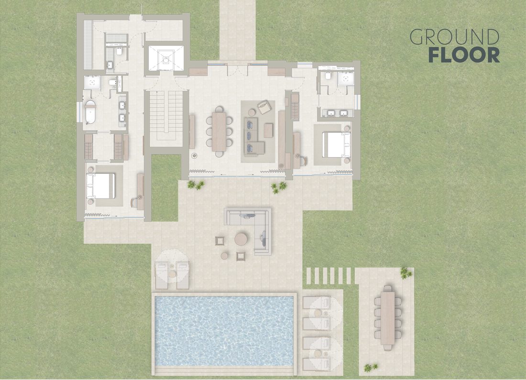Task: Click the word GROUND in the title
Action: tap(455, 37)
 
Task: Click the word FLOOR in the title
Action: tap(464, 55)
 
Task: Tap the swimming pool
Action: tap(224, 331)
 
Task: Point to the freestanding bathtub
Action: tap(90, 111)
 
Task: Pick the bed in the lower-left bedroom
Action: tap(100, 186)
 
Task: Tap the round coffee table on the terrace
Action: tap(241, 239)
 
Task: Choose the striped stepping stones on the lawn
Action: tap(329, 275)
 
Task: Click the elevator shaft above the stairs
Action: tap(166, 58)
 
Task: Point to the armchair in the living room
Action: tap(263, 106)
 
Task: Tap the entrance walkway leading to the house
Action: tap(238, 30)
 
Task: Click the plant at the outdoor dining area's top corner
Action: tap(405, 273)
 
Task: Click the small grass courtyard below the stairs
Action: tap(166, 188)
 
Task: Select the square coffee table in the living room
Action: tap(268, 131)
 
